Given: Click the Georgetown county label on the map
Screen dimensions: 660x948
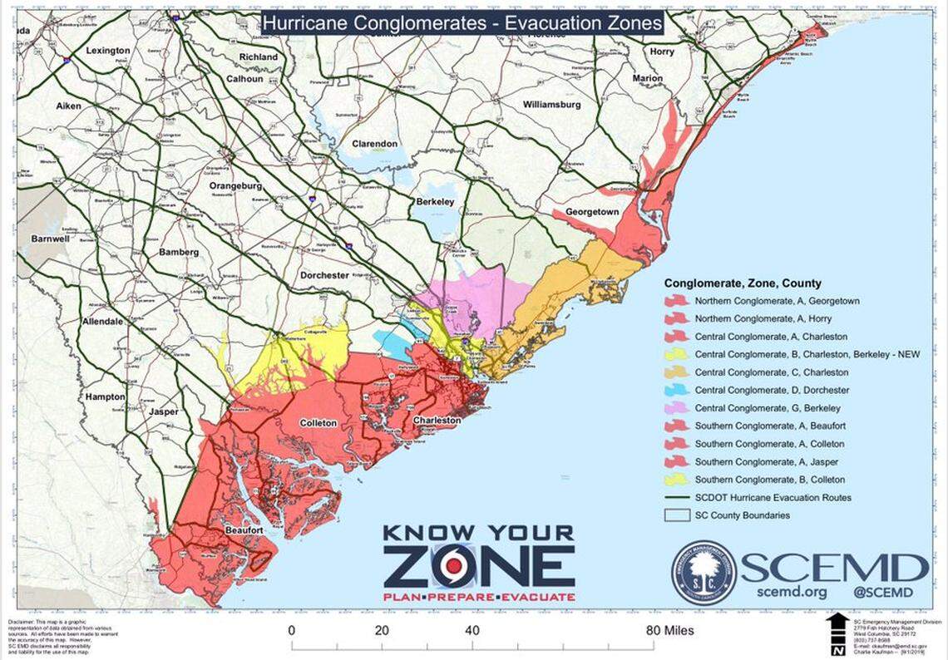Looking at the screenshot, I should coord(592,212).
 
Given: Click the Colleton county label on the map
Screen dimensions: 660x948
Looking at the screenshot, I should coord(318,423).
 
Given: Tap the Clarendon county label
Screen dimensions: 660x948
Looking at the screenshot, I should coord(374,144).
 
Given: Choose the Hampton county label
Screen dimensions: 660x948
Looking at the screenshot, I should coord(105,397).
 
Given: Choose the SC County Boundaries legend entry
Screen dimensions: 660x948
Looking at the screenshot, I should coord(742,515).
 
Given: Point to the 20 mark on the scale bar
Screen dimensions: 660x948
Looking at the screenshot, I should coord(383,631).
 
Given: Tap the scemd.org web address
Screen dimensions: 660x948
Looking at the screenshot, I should coord(792,593).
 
